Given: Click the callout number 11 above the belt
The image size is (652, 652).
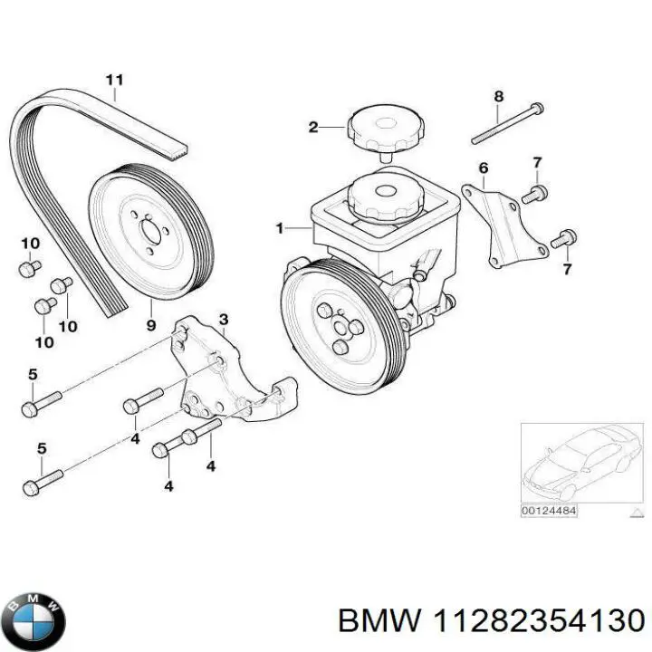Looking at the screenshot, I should (114, 80).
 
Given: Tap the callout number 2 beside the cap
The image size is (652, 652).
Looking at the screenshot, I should (312, 128).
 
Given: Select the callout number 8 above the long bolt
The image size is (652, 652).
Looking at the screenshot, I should (498, 96).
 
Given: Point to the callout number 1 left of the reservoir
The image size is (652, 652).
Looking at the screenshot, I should (280, 229).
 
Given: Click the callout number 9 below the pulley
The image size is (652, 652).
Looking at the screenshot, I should (151, 323).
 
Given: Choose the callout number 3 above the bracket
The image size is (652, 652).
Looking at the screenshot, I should (223, 320).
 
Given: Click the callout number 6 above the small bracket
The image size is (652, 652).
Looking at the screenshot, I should (484, 168).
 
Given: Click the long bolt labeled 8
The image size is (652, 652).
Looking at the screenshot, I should (507, 124).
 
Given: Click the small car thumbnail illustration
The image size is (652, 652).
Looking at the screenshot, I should (576, 463).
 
